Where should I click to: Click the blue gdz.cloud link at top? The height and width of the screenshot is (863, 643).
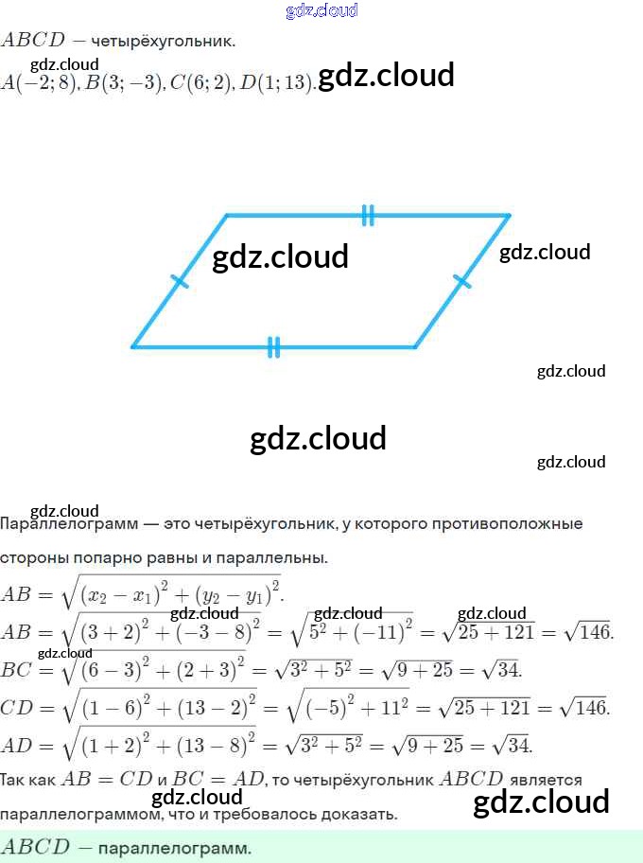[321, 10]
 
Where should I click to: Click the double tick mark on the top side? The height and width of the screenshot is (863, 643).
[368, 216]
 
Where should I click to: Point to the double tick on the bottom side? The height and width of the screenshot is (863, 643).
[273, 347]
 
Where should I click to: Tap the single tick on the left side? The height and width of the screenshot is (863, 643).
[180, 281]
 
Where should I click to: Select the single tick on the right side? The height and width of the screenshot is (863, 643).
[462, 281]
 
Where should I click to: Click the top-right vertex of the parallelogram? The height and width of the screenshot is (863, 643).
[509, 216]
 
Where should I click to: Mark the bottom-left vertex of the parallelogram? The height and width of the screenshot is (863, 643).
[132, 347]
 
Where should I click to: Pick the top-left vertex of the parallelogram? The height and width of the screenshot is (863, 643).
[227, 216]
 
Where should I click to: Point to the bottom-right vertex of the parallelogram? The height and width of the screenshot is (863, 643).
[414, 347]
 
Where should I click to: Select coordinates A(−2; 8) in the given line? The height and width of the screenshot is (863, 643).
[39, 83]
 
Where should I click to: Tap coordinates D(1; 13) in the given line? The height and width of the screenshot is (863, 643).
[275, 83]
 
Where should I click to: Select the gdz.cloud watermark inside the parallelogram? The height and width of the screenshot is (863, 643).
[280, 256]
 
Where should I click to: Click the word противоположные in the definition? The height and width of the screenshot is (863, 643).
[501, 523]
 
